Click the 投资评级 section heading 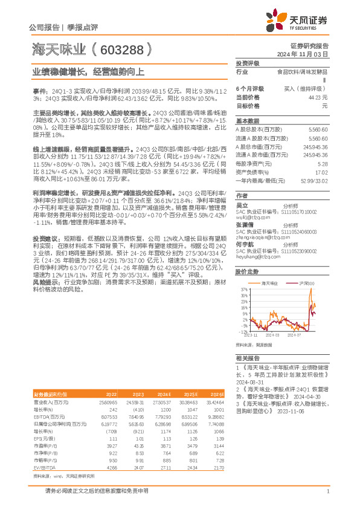tap(247, 63)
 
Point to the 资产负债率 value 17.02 tap(321, 172)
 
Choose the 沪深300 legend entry tap(308, 283)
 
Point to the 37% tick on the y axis tap(243, 290)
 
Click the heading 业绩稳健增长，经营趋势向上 tap(88, 71)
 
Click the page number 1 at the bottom tap(327, 491)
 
